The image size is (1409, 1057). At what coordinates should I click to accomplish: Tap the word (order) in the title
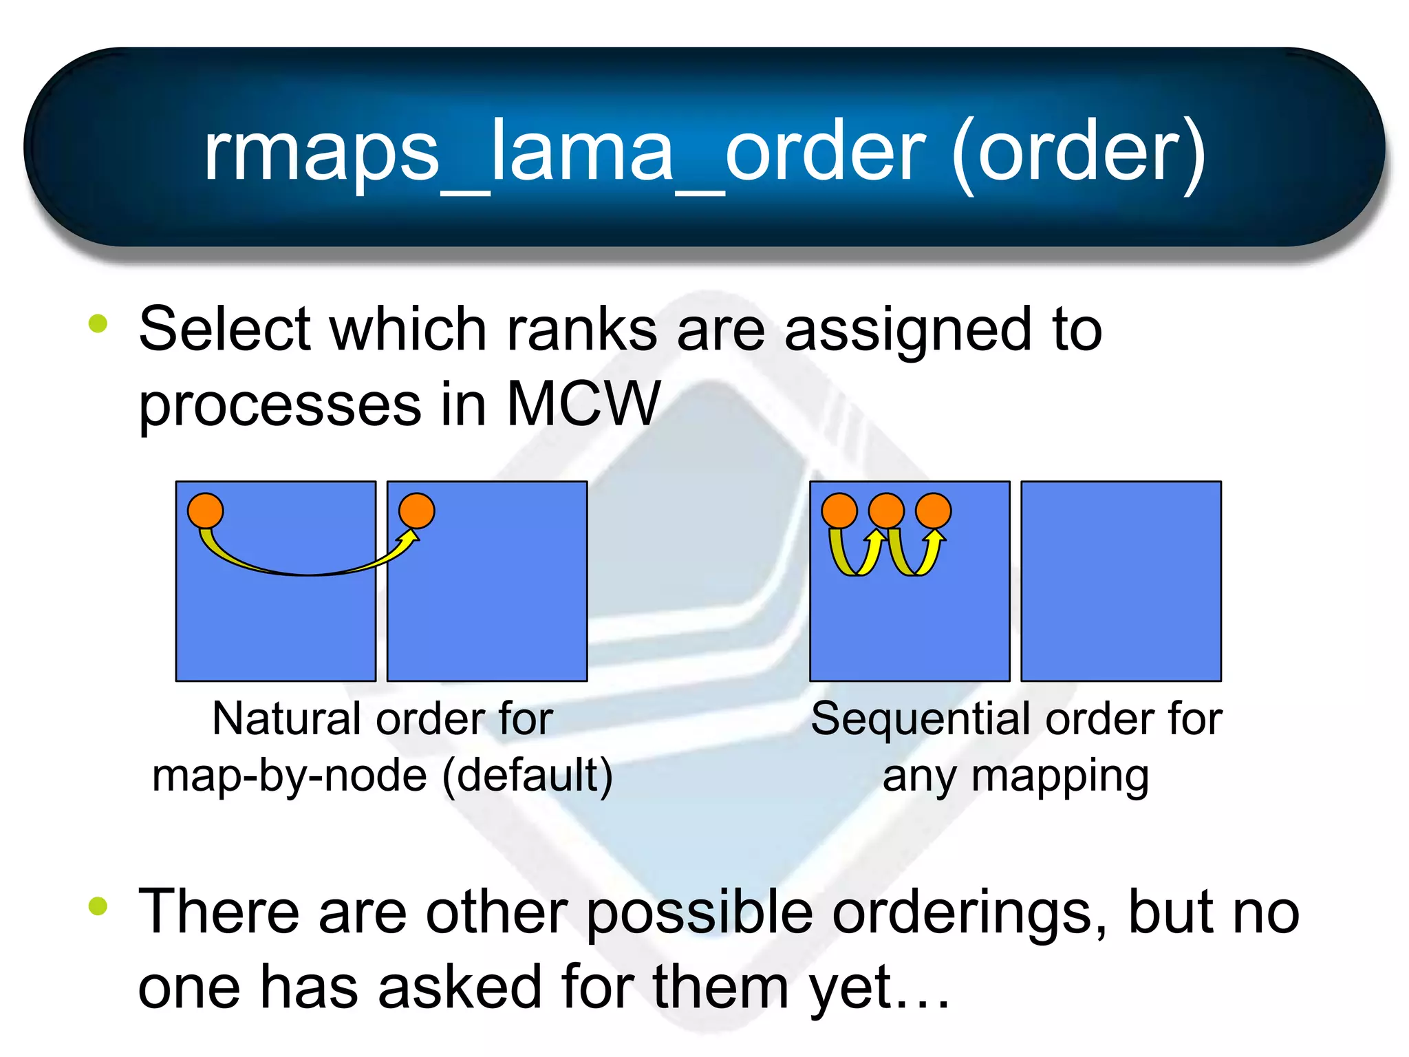pos(1078,153)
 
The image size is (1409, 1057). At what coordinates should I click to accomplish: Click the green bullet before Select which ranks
pos(98,323)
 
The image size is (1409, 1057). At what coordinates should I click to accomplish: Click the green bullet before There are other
pos(98,906)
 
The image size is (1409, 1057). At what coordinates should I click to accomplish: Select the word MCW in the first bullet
pos(583,404)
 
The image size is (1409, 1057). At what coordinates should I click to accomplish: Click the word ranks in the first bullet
pos(581,330)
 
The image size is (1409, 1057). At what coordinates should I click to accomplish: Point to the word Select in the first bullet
pos(225,330)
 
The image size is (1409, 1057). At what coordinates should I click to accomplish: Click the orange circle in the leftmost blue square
pos(206,511)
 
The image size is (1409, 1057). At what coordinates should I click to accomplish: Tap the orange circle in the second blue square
pos(417,511)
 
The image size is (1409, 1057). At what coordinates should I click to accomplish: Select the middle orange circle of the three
pos(886,511)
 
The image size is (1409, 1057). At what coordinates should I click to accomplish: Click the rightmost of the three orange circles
pos(934,511)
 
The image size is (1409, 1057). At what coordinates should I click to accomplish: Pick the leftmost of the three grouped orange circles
pos(839,511)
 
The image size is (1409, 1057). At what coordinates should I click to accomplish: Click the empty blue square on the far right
pos(1121,581)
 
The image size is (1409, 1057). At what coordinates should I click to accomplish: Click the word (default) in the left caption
pos(527,776)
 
